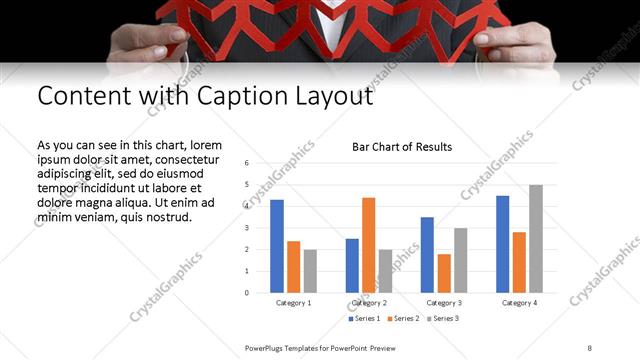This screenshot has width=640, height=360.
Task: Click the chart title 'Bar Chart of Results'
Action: coord(402,147)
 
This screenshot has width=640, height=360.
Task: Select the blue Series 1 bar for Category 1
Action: coord(277,246)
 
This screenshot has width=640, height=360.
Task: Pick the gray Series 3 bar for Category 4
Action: coord(536,239)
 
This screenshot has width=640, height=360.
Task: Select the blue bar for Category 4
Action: coord(502,244)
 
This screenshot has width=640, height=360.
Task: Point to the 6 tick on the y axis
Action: coord(246,162)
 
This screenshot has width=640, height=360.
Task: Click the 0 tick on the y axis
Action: coord(246,293)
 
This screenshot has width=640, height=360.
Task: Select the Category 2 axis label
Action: coord(369,302)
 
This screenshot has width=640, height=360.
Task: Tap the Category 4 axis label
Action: coord(519,302)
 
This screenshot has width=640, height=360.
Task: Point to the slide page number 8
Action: coord(590,347)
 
